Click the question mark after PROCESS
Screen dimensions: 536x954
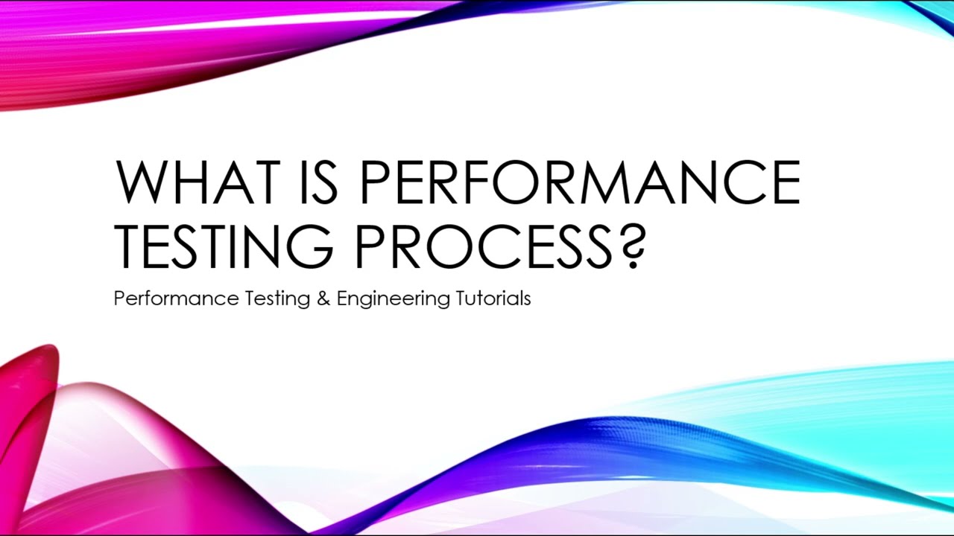tap(630, 246)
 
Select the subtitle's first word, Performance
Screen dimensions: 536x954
tap(176, 299)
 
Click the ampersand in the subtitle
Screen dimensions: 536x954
tap(323, 299)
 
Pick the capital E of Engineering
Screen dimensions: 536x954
tap(341, 299)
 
